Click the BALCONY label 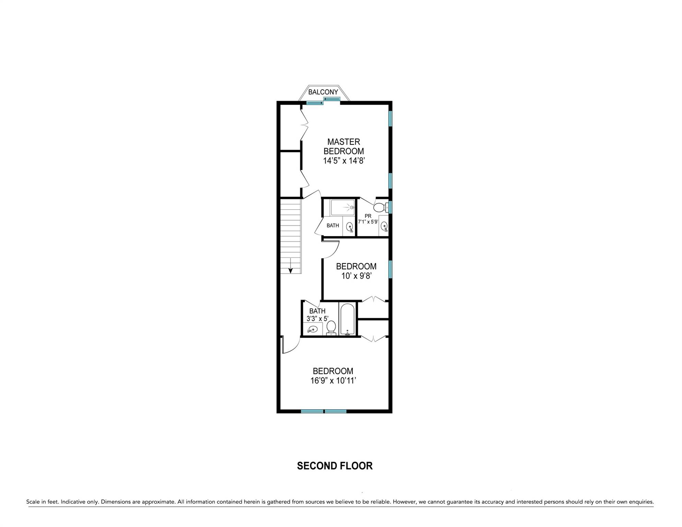[323, 92]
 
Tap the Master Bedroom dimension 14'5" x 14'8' [343, 161]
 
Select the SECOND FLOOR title [334, 466]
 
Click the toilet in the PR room [379, 207]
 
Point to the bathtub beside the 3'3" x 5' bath [348, 319]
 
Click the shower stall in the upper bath [342, 207]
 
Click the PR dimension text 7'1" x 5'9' [368, 222]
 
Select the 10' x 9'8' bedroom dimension [356, 276]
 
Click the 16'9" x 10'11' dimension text [333, 380]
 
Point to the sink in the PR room [384, 226]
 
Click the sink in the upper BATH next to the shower [350, 226]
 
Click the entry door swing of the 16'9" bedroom [290, 346]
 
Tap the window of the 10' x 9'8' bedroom [390, 269]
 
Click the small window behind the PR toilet [390, 207]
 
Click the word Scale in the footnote [33, 502]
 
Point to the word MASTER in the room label [343, 142]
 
